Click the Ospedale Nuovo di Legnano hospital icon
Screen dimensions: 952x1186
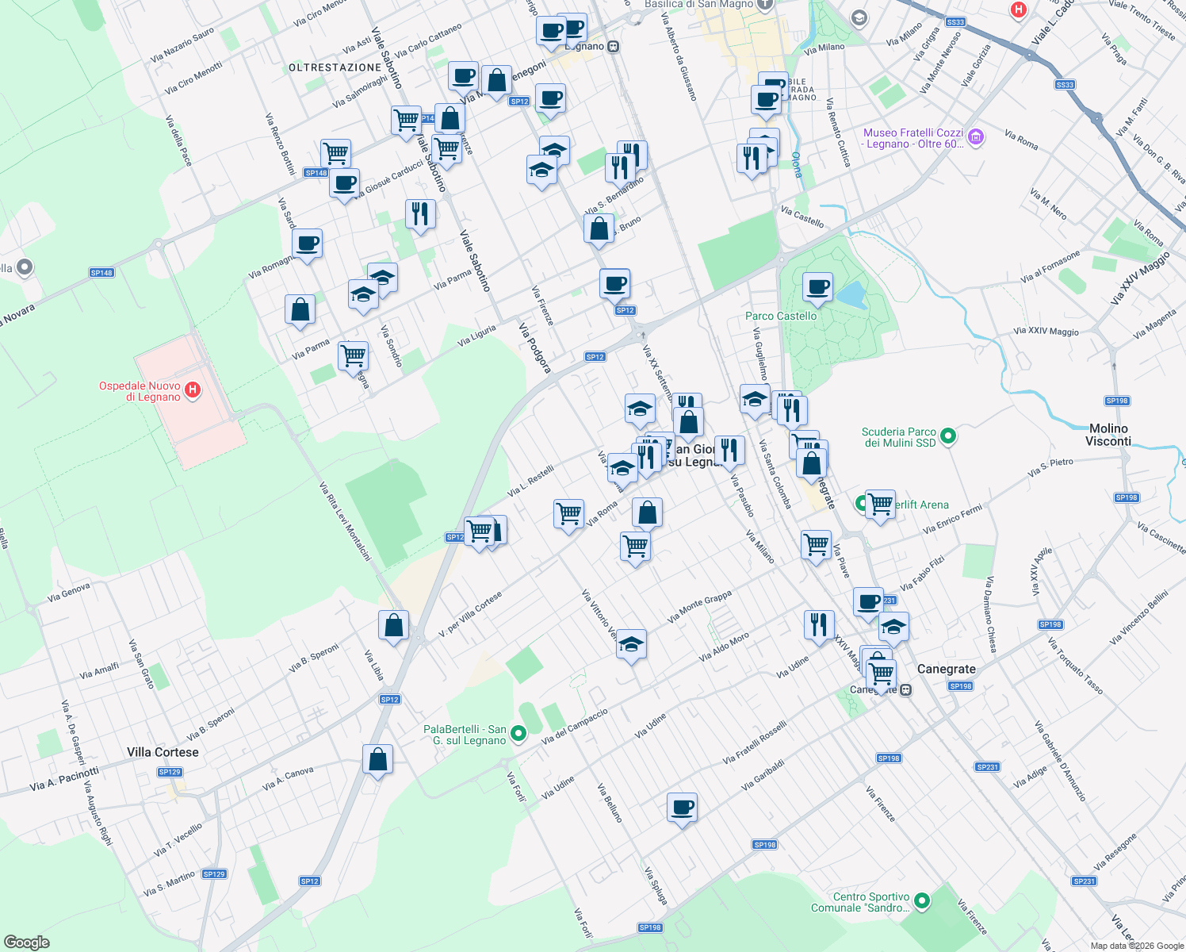pyautogui.click(x=192, y=390)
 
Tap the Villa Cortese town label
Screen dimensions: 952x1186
pyautogui.click(x=163, y=752)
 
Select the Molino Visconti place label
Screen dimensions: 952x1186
pyautogui.click(x=1108, y=435)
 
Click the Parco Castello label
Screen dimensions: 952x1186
pyautogui.click(x=780, y=316)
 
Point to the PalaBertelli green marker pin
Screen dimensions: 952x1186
pyautogui.click(x=518, y=734)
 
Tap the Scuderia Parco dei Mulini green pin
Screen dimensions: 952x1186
pyautogui.click(x=947, y=436)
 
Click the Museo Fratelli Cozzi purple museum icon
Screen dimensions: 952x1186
pyautogui.click(x=976, y=137)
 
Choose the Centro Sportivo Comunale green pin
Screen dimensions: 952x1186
pyautogui.click(x=921, y=901)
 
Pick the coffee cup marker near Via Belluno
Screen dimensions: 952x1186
pyautogui.click(x=682, y=808)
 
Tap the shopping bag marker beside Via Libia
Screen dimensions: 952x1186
pyautogui.click(x=393, y=626)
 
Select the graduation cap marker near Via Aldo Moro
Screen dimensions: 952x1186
pyautogui.click(x=631, y=645)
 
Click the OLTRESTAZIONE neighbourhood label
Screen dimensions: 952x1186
pyautogui.click(x=335, y=67)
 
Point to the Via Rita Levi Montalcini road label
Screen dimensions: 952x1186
pyautogui.click(x=345, y=521)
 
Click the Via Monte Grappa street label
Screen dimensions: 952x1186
pyautogui.click(x=699, y=606)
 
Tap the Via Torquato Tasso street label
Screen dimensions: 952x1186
pyautogui.click(x=1075, y=666)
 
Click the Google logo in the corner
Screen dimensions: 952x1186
pyautogui.click(x=26, y=942)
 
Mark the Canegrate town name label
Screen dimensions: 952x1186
pyautogui.click(x=946, y=669)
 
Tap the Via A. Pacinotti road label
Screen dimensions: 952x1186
pyautogui.click(x=64, y=779)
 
